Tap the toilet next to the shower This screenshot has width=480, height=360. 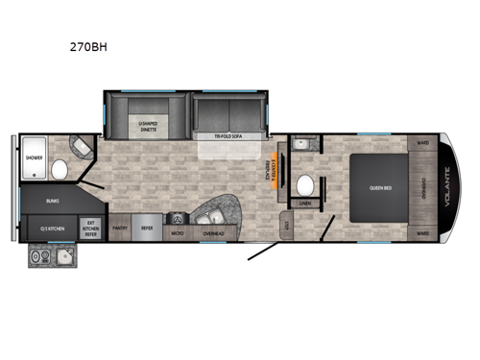click(59, 171)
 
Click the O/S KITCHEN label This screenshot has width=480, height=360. click(52, 228)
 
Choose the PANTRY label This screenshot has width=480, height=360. click(120, 229)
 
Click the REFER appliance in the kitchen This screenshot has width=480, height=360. click(146, 229)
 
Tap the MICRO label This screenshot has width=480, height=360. click(177, 231)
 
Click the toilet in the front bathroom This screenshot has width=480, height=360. click(306, 185)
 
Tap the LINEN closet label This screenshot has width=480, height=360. click(305, 204)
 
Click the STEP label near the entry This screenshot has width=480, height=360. click(285, 227)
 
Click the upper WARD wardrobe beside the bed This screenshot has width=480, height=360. click(422, 145)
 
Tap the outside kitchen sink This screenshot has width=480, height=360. click(63, 257)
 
